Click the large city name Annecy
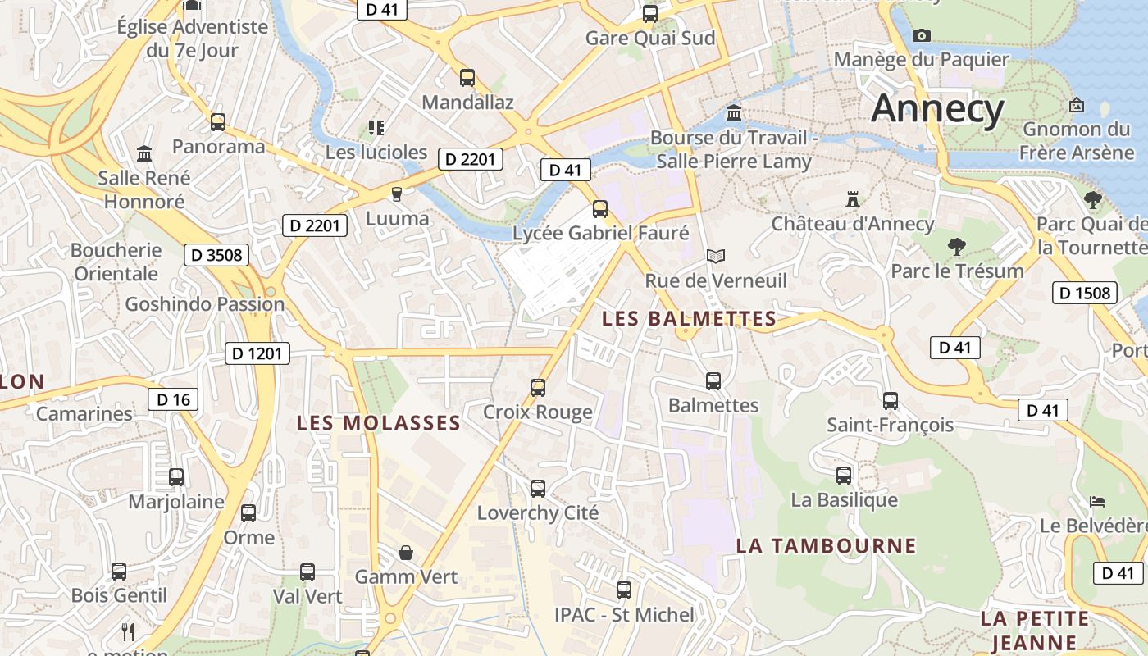937,109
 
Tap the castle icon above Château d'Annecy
853,199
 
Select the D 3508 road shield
216,255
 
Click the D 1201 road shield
257,353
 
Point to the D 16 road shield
173,399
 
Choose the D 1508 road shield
1084,293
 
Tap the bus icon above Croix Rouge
538,387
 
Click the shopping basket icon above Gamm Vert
405,553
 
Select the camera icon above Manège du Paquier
921,35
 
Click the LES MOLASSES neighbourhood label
379,423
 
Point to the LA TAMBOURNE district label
826,546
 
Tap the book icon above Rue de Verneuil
716,257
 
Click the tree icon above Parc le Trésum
956,246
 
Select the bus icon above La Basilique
844,476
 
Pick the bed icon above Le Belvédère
1097,501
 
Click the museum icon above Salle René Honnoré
144,153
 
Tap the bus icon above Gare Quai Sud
650,13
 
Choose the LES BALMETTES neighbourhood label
689,319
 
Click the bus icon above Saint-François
891,401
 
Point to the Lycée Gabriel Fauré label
600,234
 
